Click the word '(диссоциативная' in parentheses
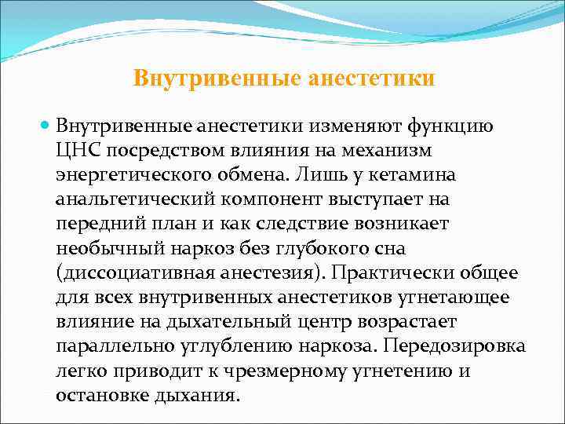coord(126,272)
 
